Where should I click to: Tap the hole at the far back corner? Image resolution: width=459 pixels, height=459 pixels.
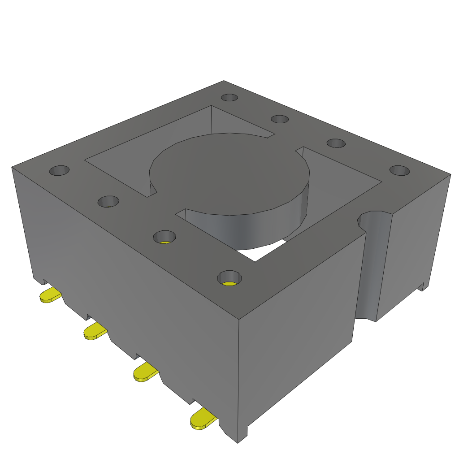pyautogui.click(x=229, y=97)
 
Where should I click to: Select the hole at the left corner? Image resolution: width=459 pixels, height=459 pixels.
pyautogui.click(x=59, y=170)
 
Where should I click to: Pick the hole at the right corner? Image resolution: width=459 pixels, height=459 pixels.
pyautogui.click(x=399, y=170)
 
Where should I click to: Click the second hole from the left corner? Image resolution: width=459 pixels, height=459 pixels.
pyautogui.click(x=108, y=201)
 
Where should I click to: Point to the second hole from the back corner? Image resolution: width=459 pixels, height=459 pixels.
pyautogui.click(x=280, y=119)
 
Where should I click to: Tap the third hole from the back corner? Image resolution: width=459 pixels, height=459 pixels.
pyautogui.click(x=336, y=143)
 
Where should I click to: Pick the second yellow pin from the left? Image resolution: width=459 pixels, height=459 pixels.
pyautogui.click(x=94, y=332)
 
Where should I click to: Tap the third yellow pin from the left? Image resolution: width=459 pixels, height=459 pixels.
pyautogui.click(x=145, y=373)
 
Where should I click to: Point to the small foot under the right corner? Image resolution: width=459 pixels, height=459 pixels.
pyautogui.click(x=422, y=287)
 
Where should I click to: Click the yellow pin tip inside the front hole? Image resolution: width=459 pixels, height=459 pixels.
pyautogui.click(x=229, y=284)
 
